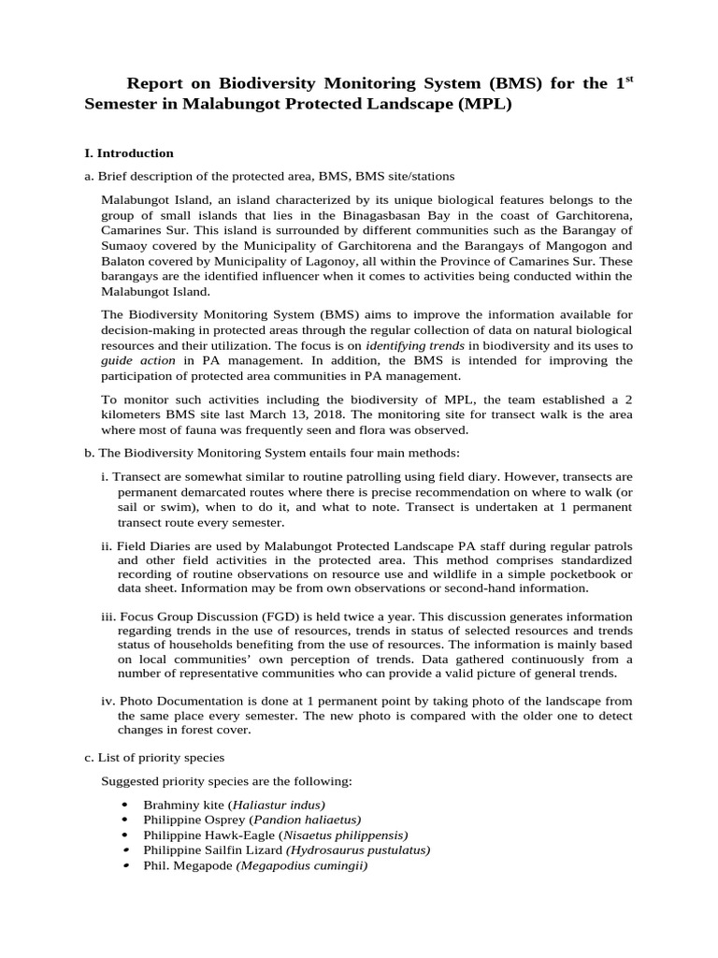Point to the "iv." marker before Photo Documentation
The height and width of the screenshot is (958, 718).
(x=108, y=701)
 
